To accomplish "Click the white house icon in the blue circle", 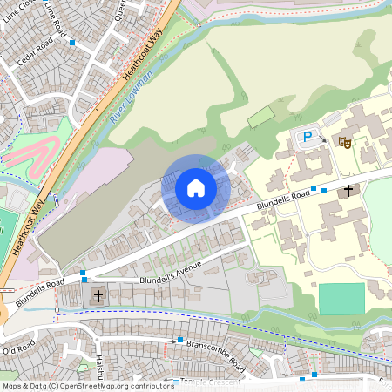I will [x=196, y=187].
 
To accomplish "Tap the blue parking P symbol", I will [x=307, y=136].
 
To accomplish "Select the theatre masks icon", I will [x=345, y=139].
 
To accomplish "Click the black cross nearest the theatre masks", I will [x=348, y=190].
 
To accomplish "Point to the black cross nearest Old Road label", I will [x=98, y=296].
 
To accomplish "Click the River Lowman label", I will [x=132, y=97].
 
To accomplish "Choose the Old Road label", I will [x=17, y=349].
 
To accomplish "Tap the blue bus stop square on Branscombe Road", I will [x=180, y=340].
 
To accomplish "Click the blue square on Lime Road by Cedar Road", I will [x=72, y=42].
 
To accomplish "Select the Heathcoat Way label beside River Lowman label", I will [x=144, y=50].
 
